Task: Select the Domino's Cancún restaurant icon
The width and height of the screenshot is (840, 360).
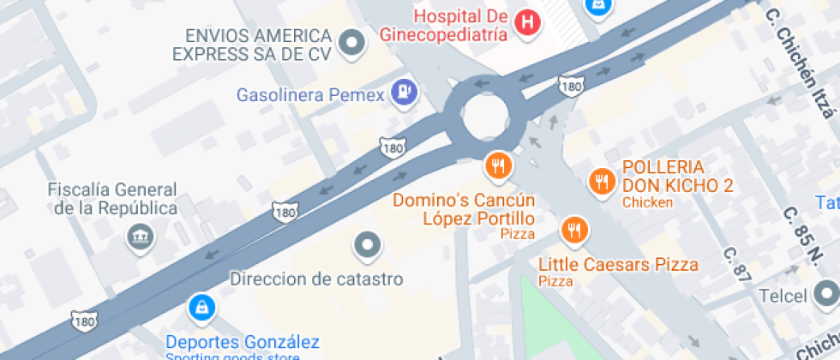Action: pyautogui.click(x=497, y=166)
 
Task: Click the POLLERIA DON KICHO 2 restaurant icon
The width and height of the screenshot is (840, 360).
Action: pyautogui.click(x=603, y=181)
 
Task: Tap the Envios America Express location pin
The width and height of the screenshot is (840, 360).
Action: pyautogui.click(x=351, y=43)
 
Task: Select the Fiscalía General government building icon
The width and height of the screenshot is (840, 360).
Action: pyautogui.click(x=137, y=236)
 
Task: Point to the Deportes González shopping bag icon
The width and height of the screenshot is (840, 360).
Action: pyautogui.click(x=201, y=306)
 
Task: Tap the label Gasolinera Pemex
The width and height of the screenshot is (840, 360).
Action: pyautogui.click(x=310, y=93)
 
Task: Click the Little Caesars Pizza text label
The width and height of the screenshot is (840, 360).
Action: pyautogui.click(x=619, y=265)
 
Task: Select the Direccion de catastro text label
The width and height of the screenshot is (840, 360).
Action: pyautogui.click(x=316, y=279)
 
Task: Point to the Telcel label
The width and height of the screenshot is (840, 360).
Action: pyautogui.click(x=783, y=297)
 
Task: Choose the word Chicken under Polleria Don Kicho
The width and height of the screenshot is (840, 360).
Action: pyautogui.click(x=647, y=202)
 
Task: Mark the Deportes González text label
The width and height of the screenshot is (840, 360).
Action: pyautogui.click(x=243, y=341)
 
